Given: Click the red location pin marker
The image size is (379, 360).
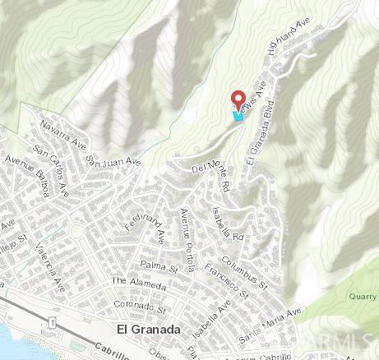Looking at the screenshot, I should tap(240, 100).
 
